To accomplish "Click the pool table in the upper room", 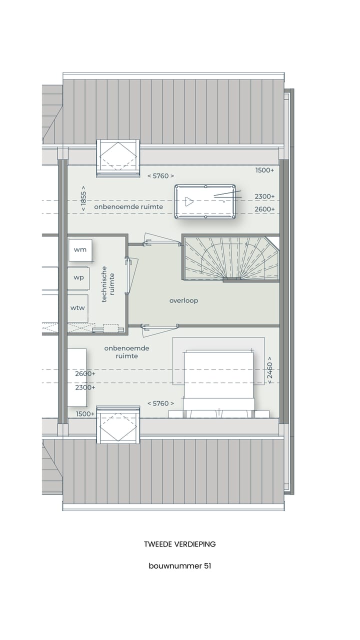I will click(205, 201).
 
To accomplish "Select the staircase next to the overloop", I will click(230, 258).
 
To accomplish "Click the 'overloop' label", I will click(183, 300).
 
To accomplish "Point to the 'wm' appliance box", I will click(80, 249).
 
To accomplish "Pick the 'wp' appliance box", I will click(78, 278).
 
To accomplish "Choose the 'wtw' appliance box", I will click(77, 308).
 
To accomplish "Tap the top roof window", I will click(118, 157).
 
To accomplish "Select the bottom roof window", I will click(118, 426).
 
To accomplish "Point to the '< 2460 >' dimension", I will click(269, 370).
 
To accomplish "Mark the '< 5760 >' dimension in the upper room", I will click(160, 176).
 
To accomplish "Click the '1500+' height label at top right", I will click(264, 170).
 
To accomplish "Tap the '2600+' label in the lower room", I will click(85, 373).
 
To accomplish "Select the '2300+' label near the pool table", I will click(264, 196).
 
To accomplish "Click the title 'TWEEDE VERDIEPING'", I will click(179, 544).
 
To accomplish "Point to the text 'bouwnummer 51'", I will click(179, 566).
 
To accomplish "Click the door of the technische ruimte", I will click(131, 275).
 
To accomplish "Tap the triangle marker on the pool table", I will click(188, 201).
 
